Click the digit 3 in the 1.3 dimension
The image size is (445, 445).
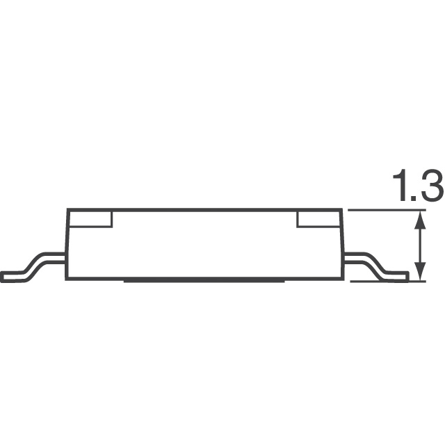432,186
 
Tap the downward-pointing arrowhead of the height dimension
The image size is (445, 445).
420,271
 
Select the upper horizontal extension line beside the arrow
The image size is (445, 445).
387,210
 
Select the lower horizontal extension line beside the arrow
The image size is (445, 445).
388,281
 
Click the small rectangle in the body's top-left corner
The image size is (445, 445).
90,219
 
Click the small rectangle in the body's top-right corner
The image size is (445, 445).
319,219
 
